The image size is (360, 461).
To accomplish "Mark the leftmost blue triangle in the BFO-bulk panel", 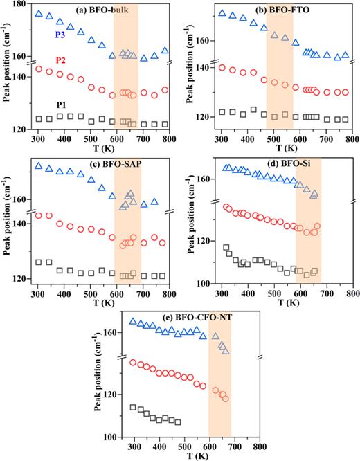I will (x=39, y=13).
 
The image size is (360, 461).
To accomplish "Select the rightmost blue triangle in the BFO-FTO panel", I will (x=345, y=55).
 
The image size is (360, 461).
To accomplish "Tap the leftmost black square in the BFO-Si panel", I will (x=226, y=248).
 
